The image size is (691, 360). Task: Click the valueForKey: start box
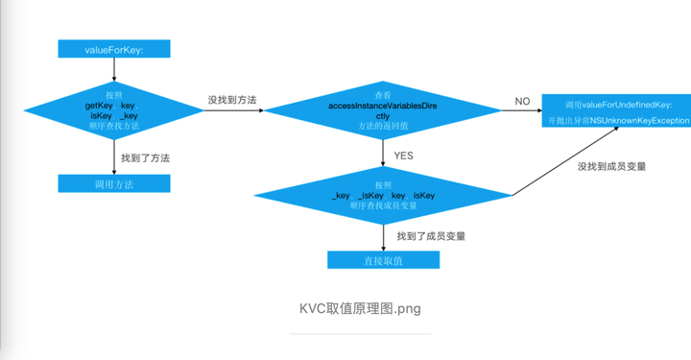(x=114, y=48)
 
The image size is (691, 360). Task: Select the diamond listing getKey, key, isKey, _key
(x=114, y=110)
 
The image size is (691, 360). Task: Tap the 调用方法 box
(x=114, y=182)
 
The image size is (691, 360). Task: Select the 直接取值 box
(x=383, y=260)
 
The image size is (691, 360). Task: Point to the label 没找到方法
(x=231, y=99)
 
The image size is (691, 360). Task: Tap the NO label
(x=522, y=101)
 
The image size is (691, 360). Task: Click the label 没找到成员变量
(x=611, y=166)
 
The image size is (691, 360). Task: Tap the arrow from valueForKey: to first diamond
(x=114, y=67)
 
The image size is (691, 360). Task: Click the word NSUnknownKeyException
(x=639, y=121)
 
